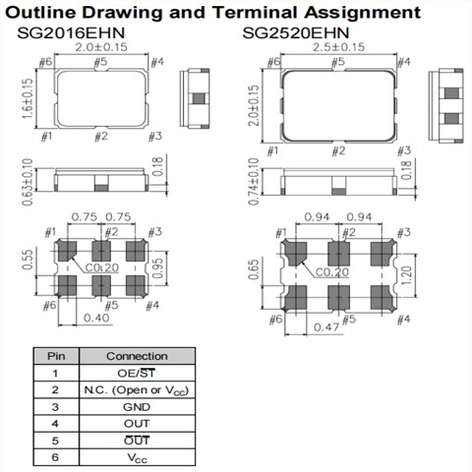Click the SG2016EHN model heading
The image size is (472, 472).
[x=71, y=32]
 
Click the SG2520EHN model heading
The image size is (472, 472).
[x=296, y=32]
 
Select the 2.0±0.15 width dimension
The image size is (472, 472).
[x=101, y=47]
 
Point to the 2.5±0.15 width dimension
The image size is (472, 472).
[x=338, y=47]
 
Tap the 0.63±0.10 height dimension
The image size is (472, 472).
[x=28, y=182]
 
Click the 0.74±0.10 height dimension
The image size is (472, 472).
[x=254, y=182]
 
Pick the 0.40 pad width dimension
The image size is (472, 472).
[x=96, y=318]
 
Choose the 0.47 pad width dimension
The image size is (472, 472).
[x=326, y=326]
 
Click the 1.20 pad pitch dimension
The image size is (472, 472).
[x=406, y=275]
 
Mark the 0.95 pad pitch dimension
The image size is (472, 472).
[x=158, y=268]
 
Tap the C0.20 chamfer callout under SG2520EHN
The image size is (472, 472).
[x=332, y=272]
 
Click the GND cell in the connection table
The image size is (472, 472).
[x=137, y=407]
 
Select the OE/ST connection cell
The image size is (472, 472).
[x=136, y=373]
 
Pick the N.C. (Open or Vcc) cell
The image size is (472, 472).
[x=137, y=390]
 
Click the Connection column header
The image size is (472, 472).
[x=137, y=356]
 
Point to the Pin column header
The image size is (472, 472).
[x=56, y=356]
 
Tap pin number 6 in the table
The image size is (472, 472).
[x=55, y=457]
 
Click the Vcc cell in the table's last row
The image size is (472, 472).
[x=137, y=458]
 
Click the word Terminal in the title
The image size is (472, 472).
[x=255, y=13]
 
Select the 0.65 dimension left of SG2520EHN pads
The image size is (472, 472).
[x=254, y=269]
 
